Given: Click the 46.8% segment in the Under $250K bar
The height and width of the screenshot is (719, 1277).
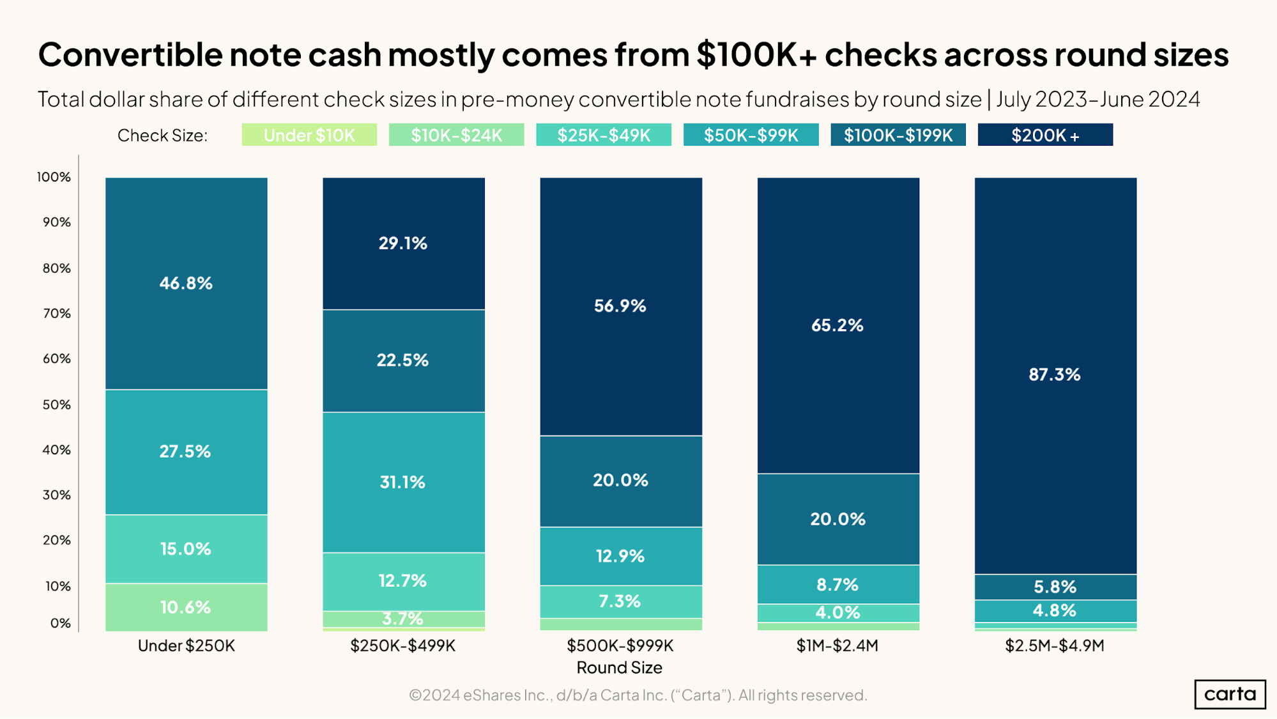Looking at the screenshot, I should coord(186,283).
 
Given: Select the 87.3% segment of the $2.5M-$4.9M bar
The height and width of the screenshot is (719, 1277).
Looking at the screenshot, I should coord(1055,375).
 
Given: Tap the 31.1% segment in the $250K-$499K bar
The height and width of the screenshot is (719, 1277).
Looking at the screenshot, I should coord(403,482).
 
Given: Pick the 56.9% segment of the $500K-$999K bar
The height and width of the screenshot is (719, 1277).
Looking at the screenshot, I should coord(620,306).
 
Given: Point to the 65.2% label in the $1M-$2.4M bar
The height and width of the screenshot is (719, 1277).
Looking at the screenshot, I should coord(837,325).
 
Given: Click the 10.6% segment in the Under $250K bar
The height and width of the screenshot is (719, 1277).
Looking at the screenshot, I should coord(186,607).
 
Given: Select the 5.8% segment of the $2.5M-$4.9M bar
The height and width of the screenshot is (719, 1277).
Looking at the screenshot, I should coord(1055,587).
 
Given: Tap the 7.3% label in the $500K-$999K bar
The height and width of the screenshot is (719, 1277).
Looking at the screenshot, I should coord(620,601).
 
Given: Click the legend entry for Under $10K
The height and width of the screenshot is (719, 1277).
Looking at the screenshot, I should coord(309,135).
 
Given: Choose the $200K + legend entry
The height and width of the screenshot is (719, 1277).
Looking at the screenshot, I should coord(1045,135).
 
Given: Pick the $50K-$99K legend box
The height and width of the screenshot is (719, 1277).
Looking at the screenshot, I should coord(751,135).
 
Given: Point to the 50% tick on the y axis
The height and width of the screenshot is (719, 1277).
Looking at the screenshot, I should coord(57,405).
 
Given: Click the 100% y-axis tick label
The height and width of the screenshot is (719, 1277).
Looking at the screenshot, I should coord(54,177).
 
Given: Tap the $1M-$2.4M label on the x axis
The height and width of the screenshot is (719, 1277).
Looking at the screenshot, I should coord(837,646).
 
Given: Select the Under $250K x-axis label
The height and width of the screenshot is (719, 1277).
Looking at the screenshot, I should coord(186,646).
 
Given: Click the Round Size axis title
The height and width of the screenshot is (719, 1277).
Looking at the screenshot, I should coord(619,667).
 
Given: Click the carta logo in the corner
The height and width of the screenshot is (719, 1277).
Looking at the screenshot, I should coord(1229,694).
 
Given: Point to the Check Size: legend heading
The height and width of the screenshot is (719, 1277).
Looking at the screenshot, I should coord(162,135).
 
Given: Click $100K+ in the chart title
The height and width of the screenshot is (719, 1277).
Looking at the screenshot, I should coord(756,55).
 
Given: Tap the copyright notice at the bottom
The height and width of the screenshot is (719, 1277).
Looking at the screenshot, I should coord(638,695).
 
